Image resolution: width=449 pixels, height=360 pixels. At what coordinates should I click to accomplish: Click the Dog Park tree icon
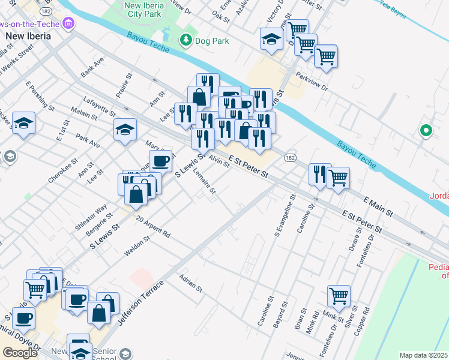tap(186, 40)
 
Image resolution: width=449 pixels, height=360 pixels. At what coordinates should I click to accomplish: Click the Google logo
tap(20, 352)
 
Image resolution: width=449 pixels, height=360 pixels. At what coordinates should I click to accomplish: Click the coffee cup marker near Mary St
tap(160, 161)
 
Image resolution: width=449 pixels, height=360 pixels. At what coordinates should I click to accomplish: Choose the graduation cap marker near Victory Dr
tap(271, 40)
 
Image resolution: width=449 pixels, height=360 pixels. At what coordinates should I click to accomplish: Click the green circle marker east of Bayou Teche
tap(426, 130)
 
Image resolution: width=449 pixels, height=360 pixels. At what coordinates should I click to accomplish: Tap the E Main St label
tap(378, 205)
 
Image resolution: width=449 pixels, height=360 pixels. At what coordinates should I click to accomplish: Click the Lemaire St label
tap(205, 182)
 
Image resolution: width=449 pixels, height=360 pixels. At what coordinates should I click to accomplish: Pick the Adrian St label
tap(191, 283)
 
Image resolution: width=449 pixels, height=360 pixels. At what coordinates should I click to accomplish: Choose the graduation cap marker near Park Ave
tap(124, 130)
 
